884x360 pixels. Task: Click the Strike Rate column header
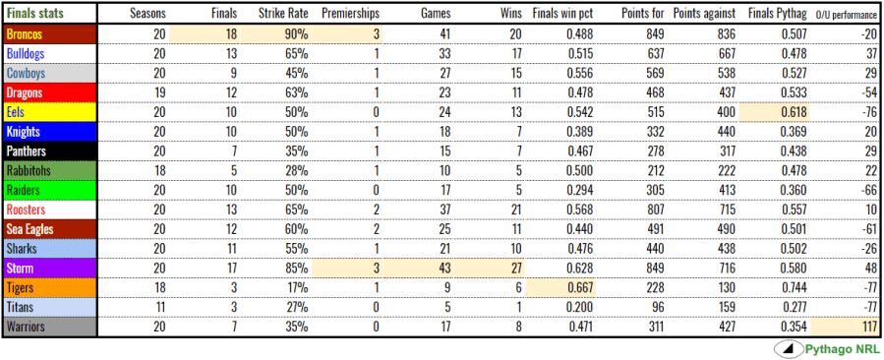pos(281,14)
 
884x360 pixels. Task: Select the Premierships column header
pos(351,14)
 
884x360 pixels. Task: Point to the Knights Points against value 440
pos(720,131)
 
